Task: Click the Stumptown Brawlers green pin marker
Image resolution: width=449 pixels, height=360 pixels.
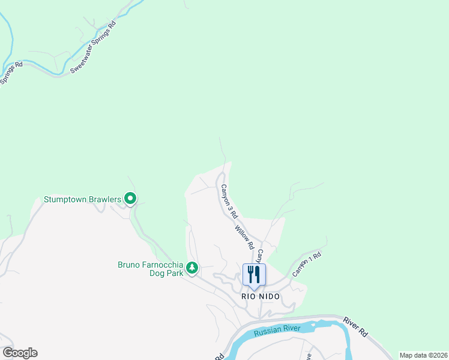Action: [130, 199]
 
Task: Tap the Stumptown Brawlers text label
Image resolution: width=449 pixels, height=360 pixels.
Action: [82, 199]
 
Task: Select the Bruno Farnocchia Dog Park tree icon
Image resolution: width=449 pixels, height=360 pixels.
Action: [192, 268]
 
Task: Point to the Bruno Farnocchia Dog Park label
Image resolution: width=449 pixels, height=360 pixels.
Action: [150, 269]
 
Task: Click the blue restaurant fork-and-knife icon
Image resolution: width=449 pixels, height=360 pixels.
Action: [254, 275]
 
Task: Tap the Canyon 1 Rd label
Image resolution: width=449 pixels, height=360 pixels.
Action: [307, 263]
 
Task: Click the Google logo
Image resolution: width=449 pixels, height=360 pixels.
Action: [20, 353]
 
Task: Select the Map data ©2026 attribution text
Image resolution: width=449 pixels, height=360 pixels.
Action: [423, 355]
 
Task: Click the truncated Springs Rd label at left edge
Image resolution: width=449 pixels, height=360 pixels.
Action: [11, 73]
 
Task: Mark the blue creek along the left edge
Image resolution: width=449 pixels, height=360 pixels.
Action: [8, 36]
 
